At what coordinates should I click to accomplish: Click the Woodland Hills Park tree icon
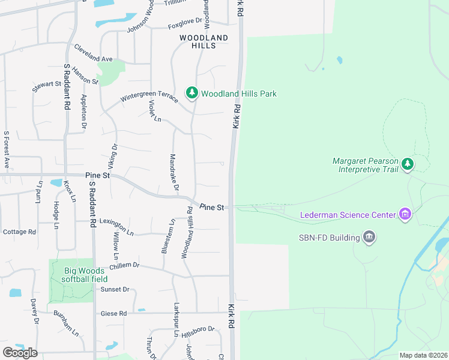point(192,93)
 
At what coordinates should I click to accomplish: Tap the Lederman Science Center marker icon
point(405,214)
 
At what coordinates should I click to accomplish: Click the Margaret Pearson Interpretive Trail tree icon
point(408,164)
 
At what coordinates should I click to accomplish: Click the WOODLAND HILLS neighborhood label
point(204,41)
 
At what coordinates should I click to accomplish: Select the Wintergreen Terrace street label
point(149,96)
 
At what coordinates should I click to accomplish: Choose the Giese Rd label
point(113,313)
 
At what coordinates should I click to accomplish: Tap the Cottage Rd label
point(19,232)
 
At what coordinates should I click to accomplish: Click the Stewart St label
point(47,86)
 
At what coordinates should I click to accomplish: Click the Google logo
point(20,353)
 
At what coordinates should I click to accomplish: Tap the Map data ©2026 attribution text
point(423,355)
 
